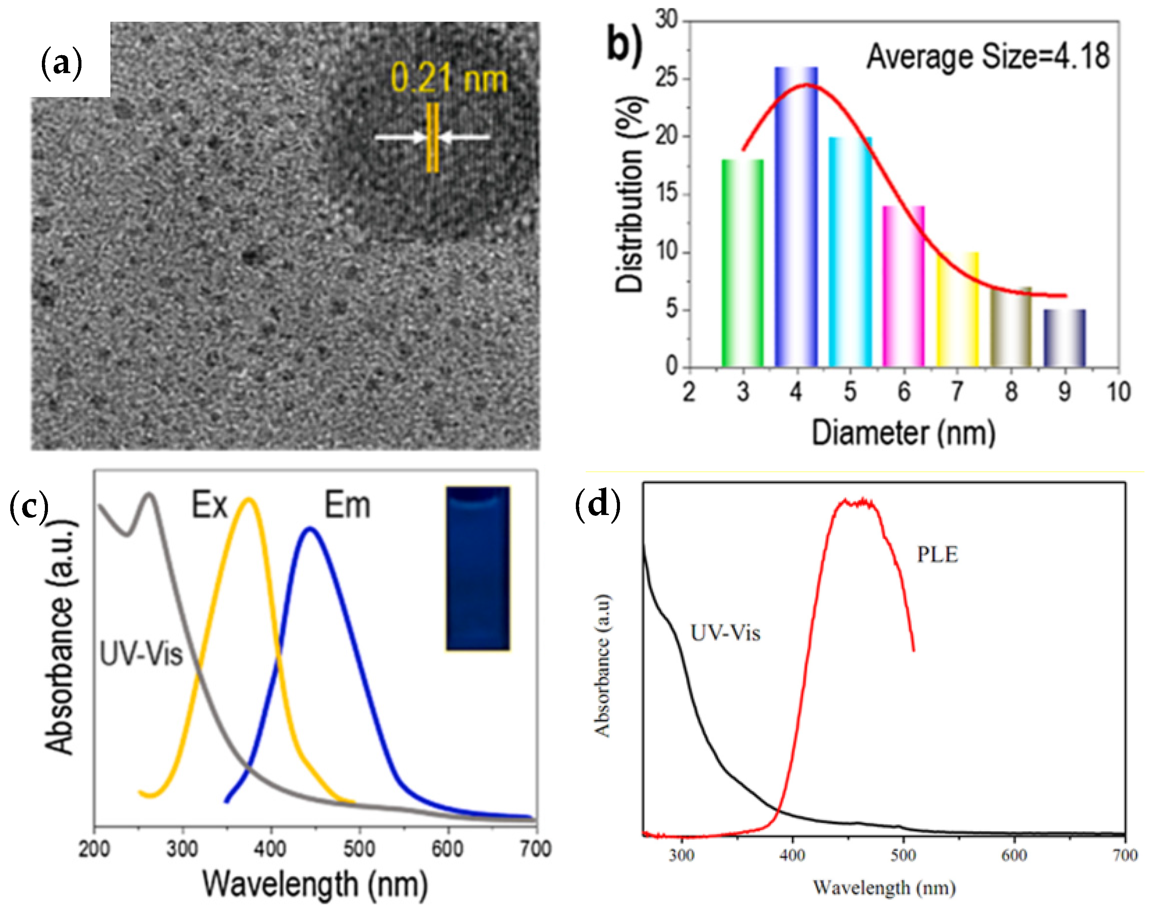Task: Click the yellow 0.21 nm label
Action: [449, 78]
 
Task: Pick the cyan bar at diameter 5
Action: [850, 252]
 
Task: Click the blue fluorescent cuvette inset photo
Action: [478, 568]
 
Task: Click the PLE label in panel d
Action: [937, 555]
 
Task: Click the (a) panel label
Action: [61, 63]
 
